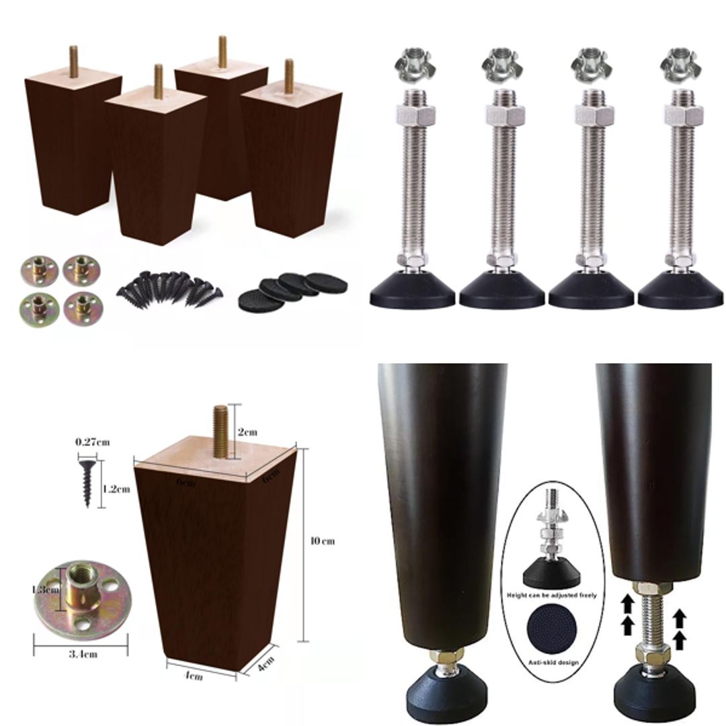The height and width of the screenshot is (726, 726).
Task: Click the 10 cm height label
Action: [323, 541]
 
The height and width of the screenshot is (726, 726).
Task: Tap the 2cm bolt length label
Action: [247, 432]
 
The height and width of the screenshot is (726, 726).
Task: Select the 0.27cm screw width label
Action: [93, 442]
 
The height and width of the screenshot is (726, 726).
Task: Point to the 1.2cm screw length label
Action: [116, 489]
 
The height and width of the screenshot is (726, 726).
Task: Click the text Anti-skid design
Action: [553, 662]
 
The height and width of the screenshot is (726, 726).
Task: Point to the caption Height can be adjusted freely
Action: [553, 595]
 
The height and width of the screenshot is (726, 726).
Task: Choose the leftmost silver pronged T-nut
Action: [412, 65]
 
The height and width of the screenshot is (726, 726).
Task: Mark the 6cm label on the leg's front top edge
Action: [186, 483]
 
